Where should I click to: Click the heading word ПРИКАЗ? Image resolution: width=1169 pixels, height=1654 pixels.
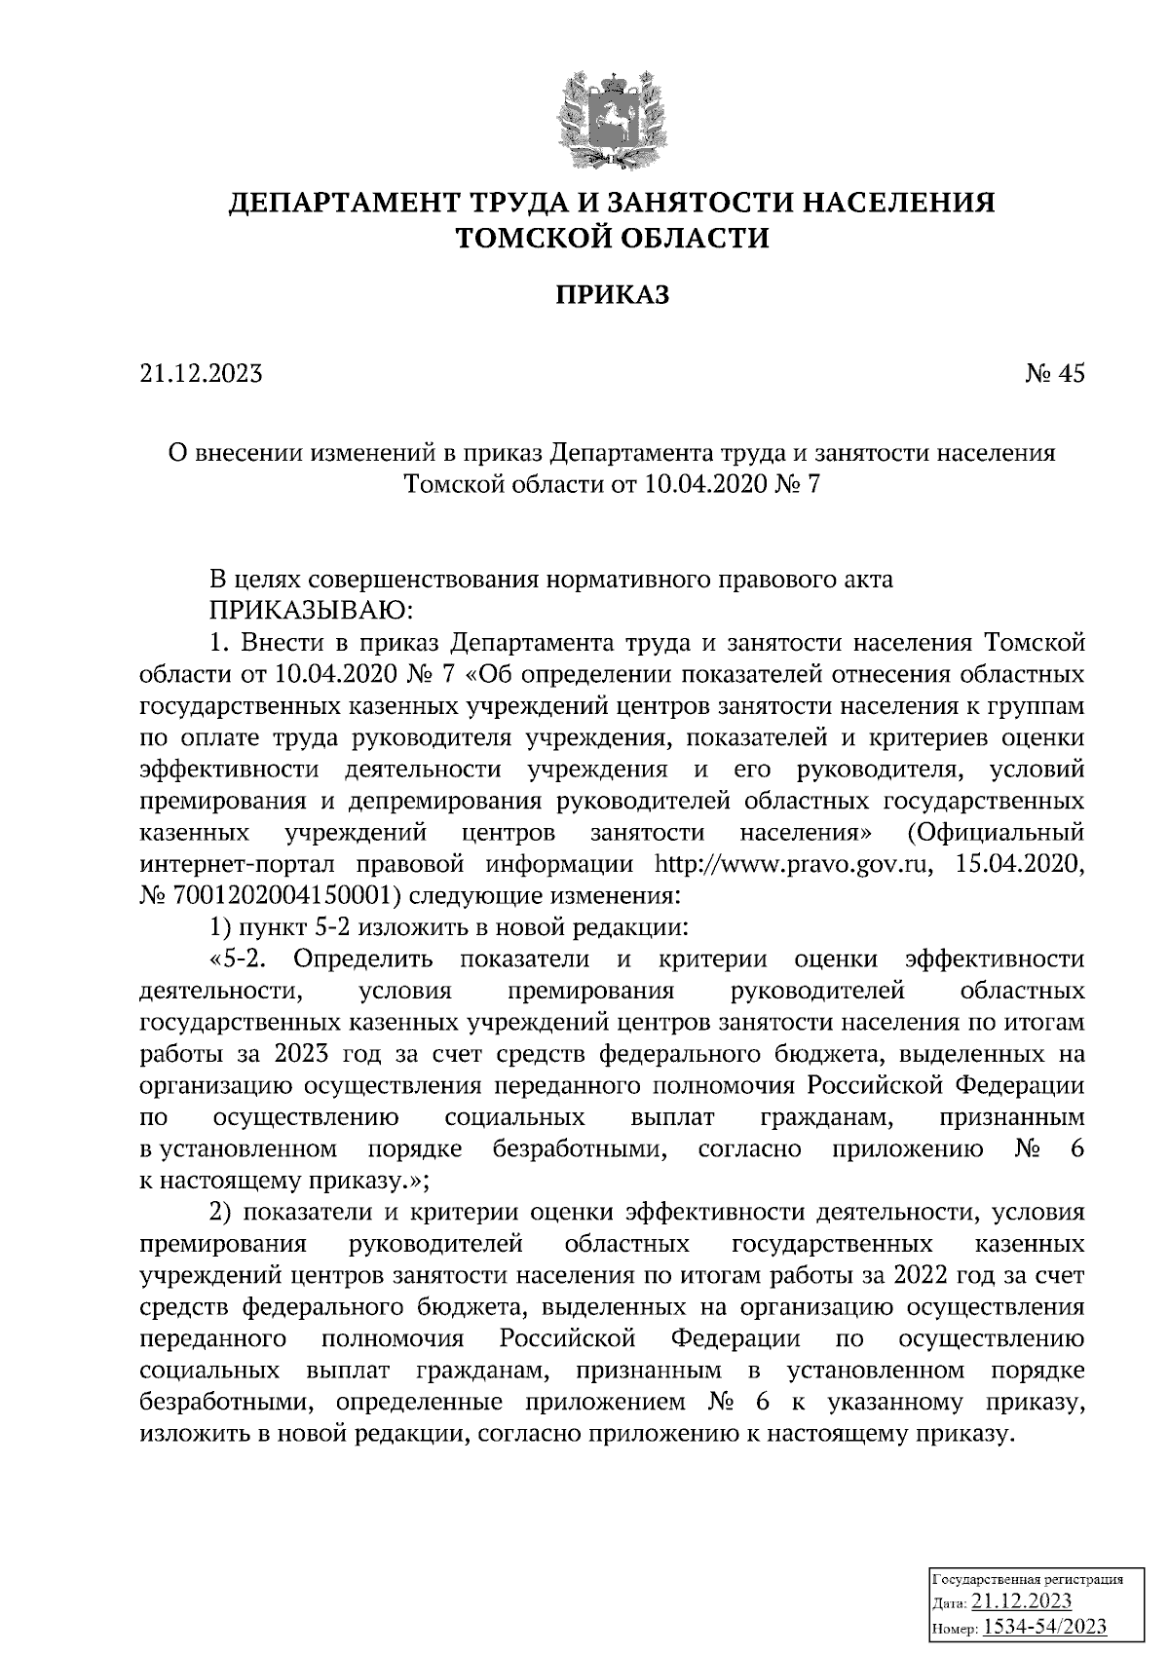pos(613,295)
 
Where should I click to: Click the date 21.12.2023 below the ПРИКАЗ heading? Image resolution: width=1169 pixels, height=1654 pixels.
pos(201,374)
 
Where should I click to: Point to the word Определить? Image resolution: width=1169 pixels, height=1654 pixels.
pos(362,959)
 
